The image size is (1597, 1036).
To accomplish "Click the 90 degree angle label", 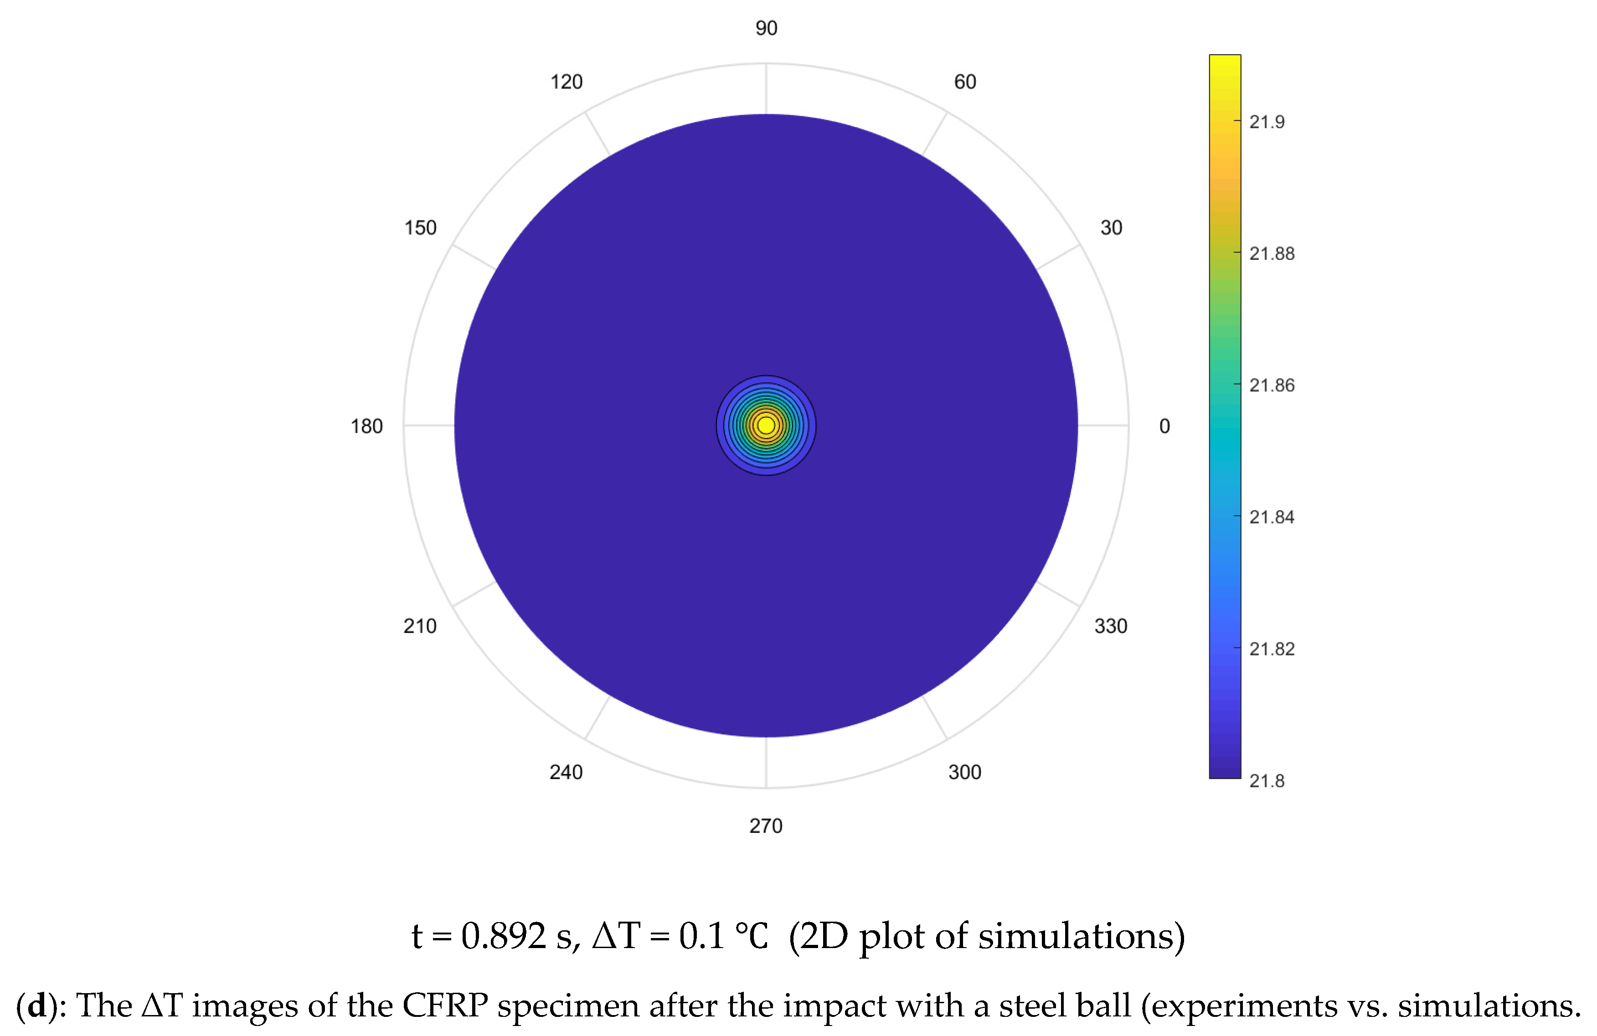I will coord(766,28).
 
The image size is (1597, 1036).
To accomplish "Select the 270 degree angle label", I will coord(766,826).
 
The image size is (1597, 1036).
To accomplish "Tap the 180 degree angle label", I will coord(366,426).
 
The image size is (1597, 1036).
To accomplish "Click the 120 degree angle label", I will coord(567,82).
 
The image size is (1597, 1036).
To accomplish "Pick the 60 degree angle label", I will coord(965,82).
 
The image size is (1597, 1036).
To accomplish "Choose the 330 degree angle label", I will coord(1111,626).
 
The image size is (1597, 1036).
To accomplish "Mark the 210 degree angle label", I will coord(420,626).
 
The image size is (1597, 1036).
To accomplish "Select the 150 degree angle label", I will coord(420,228).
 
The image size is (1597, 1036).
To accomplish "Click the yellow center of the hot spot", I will coord(766,425).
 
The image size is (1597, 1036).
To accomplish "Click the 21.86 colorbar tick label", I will coord(1272,385).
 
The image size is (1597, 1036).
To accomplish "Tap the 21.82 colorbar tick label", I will coord(1272,649).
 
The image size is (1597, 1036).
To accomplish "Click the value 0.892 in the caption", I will coord(503,936).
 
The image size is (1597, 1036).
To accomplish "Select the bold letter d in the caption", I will coord(37,1006).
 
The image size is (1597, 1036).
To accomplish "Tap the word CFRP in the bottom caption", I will coord(444,1006).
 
